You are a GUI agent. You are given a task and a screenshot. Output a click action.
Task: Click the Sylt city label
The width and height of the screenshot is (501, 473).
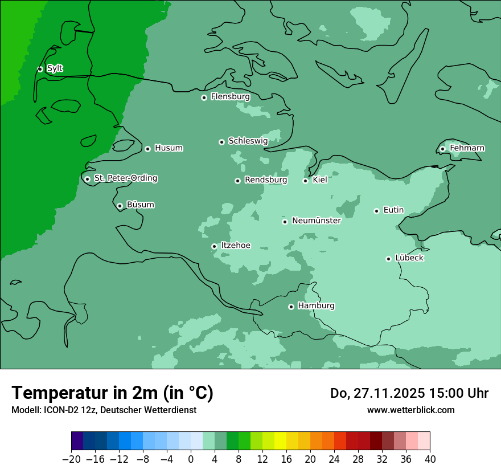[x=55, y=68]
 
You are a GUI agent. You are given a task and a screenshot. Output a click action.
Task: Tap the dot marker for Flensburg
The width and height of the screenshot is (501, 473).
[x=204, y=97]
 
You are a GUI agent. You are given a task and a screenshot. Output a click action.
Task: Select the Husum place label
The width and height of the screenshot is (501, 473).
[x=169, y=148]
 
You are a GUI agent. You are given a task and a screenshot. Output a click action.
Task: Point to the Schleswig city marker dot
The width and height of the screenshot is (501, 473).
[x=221, y=142]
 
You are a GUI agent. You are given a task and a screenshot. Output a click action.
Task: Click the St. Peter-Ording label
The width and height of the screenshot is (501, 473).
[x=125, y=178]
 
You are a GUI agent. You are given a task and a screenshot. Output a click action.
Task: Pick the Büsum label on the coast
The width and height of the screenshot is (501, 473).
[x=140, y=205]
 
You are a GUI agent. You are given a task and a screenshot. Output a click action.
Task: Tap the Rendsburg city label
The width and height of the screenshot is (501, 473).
[x=265, y=180]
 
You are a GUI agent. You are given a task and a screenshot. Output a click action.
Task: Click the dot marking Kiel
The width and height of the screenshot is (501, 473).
[x=305, y=181]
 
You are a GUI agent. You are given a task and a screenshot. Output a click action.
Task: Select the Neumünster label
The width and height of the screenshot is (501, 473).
[x=316, y=221]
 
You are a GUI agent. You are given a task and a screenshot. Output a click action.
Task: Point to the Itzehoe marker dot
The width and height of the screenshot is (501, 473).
[x=214, y=246]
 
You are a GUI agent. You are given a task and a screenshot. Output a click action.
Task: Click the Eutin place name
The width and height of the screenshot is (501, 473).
[x=393, y=210]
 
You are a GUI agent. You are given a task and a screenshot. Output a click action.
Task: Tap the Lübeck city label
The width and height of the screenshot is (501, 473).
[x=409, y=258]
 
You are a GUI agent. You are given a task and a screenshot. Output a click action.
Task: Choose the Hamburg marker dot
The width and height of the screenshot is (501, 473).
[x=291, y=307]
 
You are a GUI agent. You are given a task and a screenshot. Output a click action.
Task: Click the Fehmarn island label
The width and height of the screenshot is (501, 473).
[x=467, y=148]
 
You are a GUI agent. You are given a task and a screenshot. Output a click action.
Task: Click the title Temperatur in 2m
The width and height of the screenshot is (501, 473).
[x=112, y=393]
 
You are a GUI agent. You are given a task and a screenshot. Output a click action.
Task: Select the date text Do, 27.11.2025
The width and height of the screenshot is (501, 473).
[x=377, y=393]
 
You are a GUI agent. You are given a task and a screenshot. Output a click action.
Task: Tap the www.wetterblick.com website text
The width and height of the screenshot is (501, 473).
[x=410, y=410]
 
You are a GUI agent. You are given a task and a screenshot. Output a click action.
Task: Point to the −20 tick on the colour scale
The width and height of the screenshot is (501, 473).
[x=71, y=459]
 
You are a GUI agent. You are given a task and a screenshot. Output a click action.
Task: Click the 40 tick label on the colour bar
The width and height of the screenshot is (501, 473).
[x=430, y=459]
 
